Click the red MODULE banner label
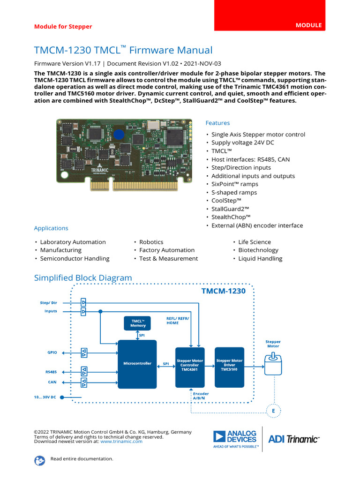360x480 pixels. [308, 25]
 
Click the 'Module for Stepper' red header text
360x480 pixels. [63, 27]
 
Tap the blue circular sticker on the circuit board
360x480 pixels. [120, 135]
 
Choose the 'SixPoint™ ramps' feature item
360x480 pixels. [234, 184]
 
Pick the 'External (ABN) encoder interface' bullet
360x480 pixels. [257, 225]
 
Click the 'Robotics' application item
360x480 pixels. [151, 242]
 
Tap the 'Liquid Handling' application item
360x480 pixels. [260, 258]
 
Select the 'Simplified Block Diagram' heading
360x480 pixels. [83, 278]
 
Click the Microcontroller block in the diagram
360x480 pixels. [137, 364]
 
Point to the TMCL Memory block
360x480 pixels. [138, 323]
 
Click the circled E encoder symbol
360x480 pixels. [273, 412]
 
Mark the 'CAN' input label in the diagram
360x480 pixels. [52, 382]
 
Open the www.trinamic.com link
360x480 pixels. [121, 442]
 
